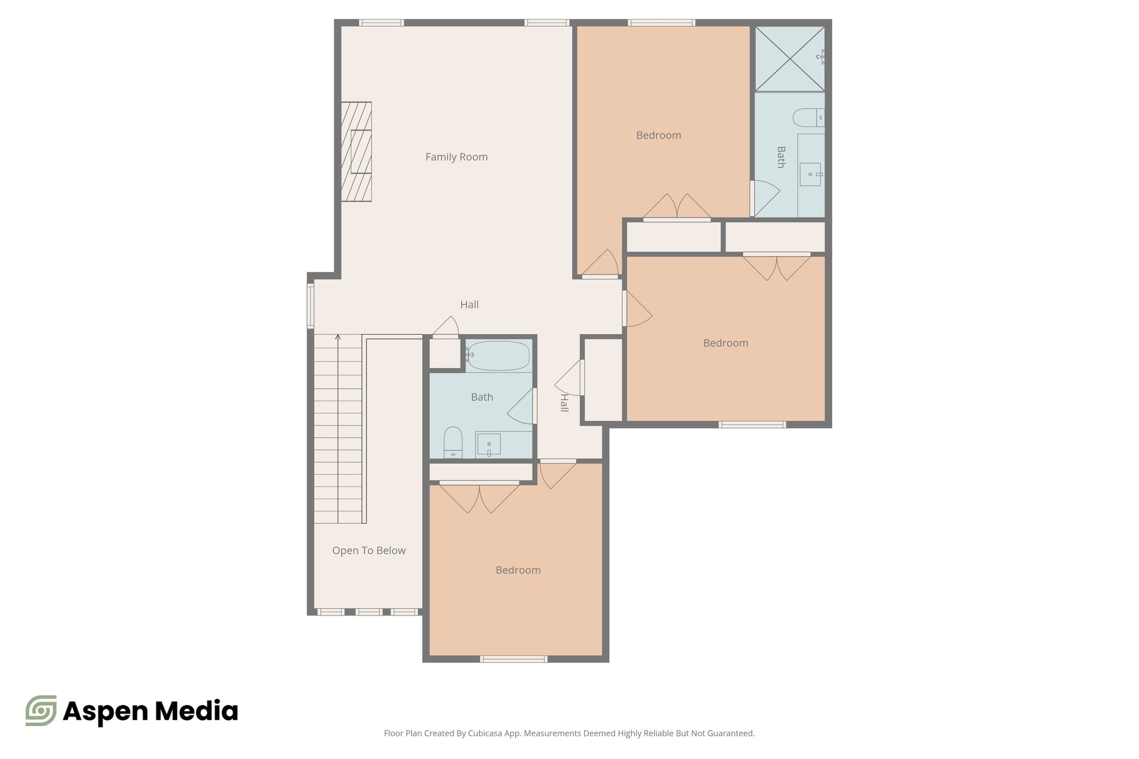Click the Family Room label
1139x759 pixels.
456,157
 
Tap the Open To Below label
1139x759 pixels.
369,550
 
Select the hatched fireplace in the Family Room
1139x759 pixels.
356,151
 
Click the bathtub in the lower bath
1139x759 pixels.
498,356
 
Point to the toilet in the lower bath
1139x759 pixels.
453,441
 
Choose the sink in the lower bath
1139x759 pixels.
489,445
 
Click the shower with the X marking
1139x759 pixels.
789,58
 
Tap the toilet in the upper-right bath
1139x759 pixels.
806,118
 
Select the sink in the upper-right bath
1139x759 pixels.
811,174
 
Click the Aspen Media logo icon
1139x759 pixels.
41,711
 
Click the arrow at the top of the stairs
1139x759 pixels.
338,338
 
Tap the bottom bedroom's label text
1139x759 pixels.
518,570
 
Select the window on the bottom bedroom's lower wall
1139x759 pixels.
513,659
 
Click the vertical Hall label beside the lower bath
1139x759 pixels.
564,403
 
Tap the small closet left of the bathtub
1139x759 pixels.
445,353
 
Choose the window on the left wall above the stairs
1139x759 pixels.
311,306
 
